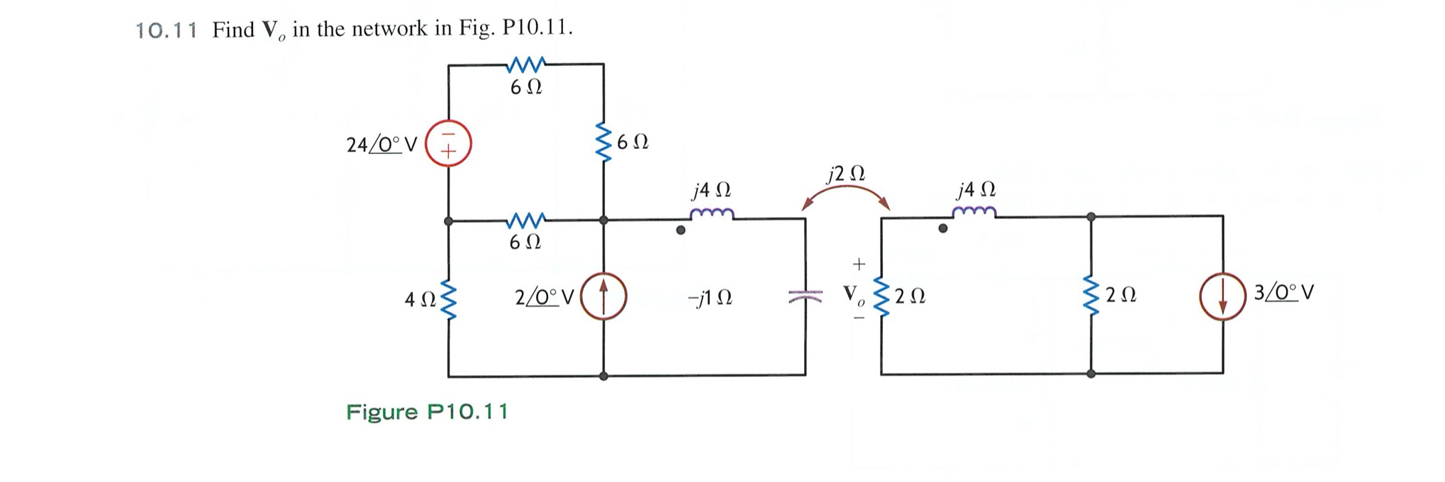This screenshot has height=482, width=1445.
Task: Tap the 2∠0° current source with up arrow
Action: click(603, 296)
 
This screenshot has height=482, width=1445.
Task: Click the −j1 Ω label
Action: click(710, 298)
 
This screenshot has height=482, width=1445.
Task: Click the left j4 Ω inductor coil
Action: click(711, 213)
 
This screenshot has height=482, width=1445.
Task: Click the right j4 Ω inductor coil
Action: click(974, 211)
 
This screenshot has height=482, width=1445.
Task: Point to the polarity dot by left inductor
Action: click(681, 230)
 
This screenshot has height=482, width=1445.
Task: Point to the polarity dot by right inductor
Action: click(942, 229)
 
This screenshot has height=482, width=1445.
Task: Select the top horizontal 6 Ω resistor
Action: click(526, 65)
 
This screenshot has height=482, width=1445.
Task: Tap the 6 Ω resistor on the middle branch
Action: click(526, 220)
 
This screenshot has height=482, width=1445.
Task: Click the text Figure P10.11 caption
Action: click(427, 412)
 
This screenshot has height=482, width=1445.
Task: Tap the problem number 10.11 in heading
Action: click(165, 30)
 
